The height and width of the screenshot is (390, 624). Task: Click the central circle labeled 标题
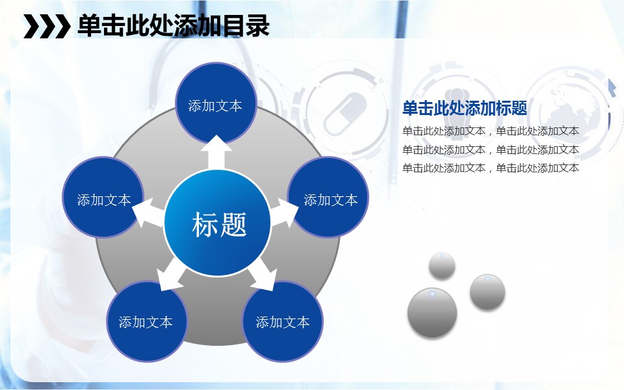pos(217,222)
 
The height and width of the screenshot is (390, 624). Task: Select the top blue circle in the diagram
pos(216,103)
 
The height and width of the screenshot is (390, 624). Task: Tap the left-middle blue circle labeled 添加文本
pos(103,198)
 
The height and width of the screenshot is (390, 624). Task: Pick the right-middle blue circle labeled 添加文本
pos(328,198)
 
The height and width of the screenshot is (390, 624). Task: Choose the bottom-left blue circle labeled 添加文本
pos(146,321)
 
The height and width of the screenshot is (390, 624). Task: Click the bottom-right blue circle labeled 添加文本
pos(283,321)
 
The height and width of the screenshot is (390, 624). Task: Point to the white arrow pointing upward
pos(216,153)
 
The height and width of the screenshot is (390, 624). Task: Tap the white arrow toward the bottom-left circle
pos(170,275)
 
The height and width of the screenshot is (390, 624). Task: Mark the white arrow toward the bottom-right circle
pos(263,274)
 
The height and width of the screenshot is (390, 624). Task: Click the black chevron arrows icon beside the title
pos(47,26)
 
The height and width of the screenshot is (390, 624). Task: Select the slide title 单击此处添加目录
pos(174,26)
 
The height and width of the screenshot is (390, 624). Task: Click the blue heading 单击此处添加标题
pos(465,108)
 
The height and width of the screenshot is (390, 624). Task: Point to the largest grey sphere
pos(432,313)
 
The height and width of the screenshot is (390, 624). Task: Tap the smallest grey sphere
pos(442,265)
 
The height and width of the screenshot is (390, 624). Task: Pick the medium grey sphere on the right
pos(487,292)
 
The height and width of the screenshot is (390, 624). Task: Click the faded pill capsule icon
pos(345,114)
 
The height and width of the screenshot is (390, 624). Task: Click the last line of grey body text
pos(490,168)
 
